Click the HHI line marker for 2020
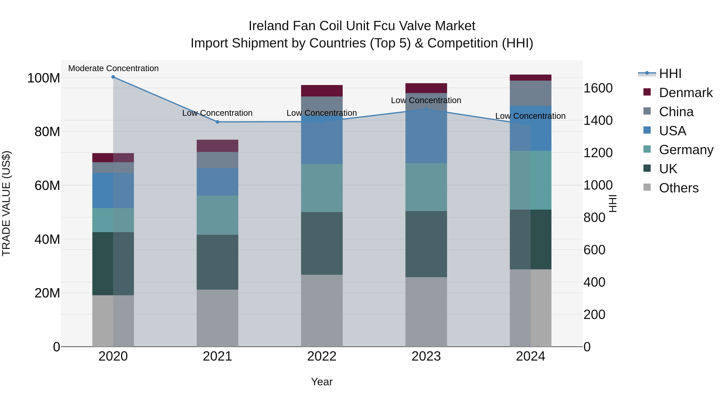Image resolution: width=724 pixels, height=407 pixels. point(113,77)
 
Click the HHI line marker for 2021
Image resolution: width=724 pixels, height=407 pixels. point(217,122)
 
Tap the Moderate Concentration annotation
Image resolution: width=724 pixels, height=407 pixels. point(113,68)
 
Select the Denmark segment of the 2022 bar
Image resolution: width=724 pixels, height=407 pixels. point(322,91)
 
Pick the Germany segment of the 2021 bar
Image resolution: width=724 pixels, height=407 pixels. point(217,215)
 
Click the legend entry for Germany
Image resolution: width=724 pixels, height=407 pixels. point(686,150)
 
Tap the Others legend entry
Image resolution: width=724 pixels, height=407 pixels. point(679,188)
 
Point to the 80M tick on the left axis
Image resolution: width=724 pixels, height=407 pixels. point(47,132)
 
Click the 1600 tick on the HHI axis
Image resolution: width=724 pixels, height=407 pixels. point(598,88)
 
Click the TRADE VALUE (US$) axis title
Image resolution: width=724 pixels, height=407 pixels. point(6,203)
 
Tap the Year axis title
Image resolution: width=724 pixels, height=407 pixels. point(322,382)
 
